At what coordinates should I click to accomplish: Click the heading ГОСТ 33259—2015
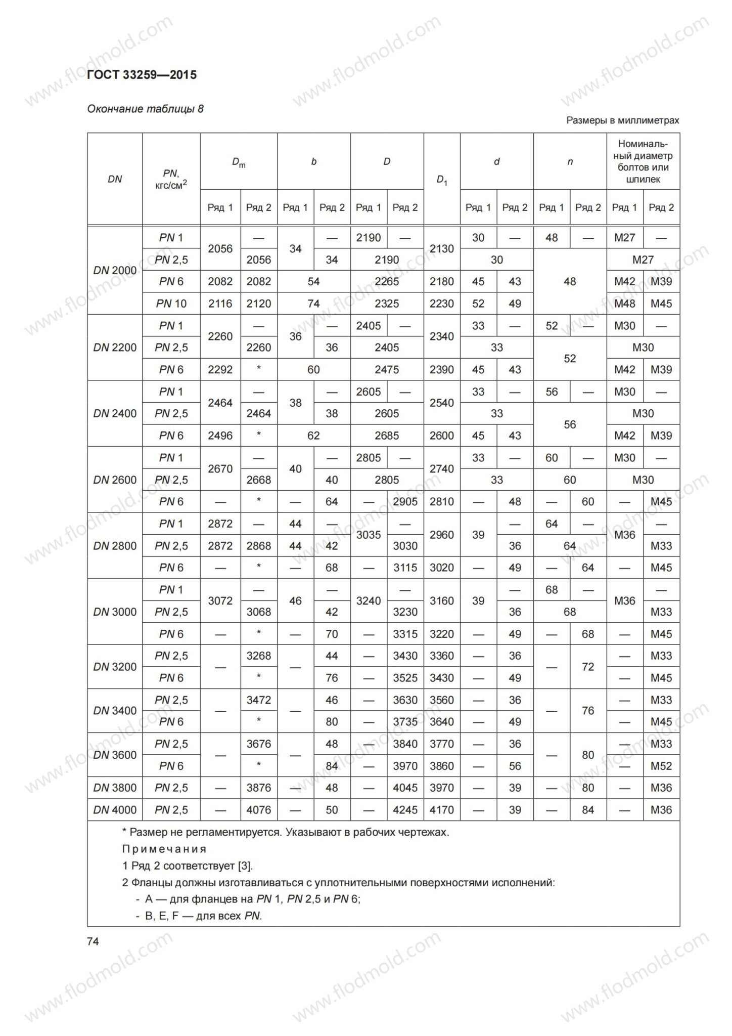142,75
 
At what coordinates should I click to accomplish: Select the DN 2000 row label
115,270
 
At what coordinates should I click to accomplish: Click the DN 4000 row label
115,810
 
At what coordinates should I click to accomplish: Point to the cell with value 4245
405,810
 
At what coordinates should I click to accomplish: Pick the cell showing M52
661,766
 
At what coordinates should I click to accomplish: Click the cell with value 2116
220,304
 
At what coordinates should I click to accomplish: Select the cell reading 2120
258,304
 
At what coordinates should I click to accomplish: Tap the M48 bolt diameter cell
625,304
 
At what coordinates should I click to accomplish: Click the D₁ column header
442,180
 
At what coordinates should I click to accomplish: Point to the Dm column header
239,162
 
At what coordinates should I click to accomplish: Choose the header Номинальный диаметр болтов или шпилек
643,161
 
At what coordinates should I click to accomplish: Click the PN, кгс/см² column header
171,180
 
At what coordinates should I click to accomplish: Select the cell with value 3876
258,788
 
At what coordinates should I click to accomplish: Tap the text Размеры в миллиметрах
622,120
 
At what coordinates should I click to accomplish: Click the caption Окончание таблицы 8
146,109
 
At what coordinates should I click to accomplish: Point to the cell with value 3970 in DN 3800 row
442,788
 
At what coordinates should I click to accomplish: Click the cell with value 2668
258,480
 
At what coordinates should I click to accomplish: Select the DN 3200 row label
115,667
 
